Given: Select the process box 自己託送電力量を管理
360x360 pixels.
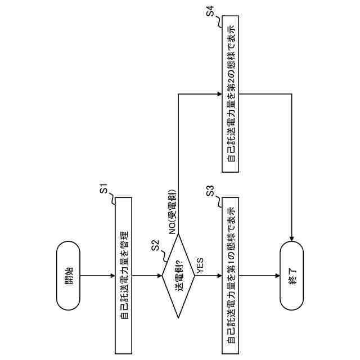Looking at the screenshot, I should [x=123, y=275].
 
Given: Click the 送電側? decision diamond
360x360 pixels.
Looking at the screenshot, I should [x=179, y=275].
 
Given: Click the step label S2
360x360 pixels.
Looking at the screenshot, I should [x=156, y=246].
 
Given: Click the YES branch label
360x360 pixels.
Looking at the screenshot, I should [x=201, y=265].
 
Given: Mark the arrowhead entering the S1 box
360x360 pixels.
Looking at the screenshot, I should [x=112, y=275].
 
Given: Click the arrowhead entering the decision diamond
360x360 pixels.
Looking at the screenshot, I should [x=159, y=275].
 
